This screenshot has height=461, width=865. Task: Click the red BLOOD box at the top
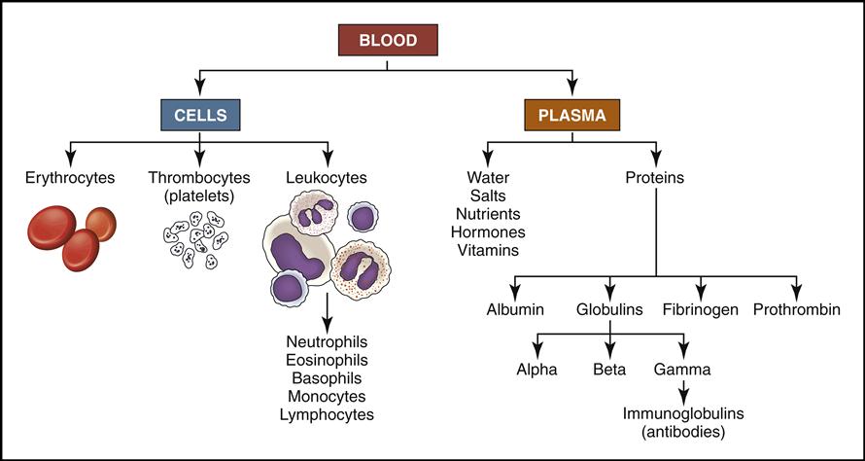click(x=388, y=41)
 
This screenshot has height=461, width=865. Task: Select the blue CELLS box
click(x=200, y=115)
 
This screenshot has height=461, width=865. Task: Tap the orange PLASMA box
click(x=573, y=115)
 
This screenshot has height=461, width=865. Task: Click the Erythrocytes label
click(x=72, y=178)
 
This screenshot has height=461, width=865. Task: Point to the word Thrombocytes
click(x=199, y=178)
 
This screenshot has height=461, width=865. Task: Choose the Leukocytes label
click(x=328, y=178)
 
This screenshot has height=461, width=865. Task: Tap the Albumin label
click(x=516, y=310)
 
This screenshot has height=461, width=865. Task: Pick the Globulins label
click(x=608, y=310)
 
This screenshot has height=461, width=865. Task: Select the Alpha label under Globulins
click(x=536, y=370)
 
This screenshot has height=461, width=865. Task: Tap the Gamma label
click(x=684, y=370)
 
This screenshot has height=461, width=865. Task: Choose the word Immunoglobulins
click(x=684, y=413)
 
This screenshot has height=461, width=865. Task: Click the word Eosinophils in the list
click(x=327, y=359)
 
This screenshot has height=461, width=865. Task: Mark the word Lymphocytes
click(x=327, y=414)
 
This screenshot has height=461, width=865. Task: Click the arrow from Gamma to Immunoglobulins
click(x=684, y=391)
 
